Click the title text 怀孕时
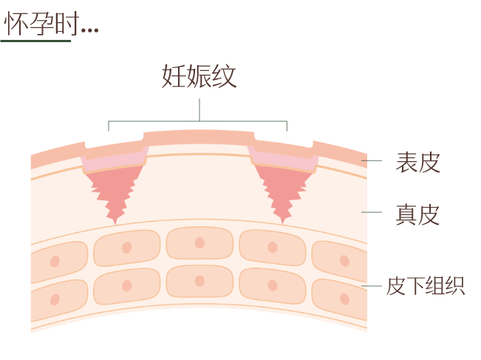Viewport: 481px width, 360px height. pos(41,24)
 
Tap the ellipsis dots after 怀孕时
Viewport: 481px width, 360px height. pos(90,30)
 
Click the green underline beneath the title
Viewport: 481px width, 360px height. pos(35,41)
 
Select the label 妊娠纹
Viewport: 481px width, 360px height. pos(199,76)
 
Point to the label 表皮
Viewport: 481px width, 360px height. pos(417,162)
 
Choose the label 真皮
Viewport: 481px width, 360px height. pos(417,214)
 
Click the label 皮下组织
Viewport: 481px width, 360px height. pos(426,285)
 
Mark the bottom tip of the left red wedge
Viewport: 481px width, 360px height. pos(115,224)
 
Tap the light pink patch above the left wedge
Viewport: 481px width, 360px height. pos(114,161)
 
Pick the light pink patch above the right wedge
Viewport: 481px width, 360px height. pos(283,160)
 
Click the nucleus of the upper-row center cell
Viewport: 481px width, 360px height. pos(199,242)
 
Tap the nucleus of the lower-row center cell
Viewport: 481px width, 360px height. pos(199,281)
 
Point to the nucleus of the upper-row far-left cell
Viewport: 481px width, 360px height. pos(55,262)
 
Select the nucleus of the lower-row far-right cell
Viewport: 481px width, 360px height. pos(344,299)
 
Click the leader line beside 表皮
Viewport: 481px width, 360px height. pos(372,160)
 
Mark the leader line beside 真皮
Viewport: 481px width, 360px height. pos(372,212)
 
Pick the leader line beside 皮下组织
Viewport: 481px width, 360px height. pos(372,286)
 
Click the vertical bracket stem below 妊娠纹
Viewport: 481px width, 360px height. pos(199,109)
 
